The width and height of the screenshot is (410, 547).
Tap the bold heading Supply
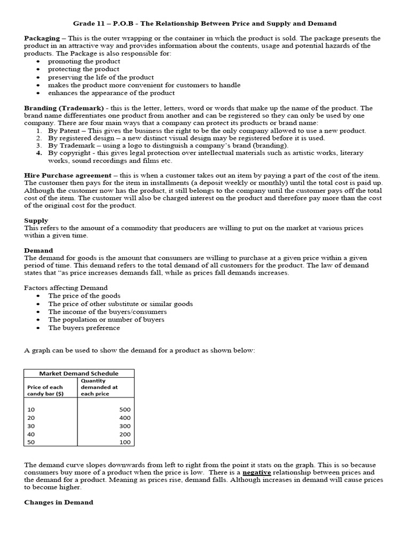click(36, 220)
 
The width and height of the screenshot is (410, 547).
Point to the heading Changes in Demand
click(58, 502)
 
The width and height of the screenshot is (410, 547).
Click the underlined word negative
click(256, 472)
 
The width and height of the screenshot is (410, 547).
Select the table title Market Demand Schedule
click(79, 373)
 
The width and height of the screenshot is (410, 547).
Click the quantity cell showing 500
click(124, 409)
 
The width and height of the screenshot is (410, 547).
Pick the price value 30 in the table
click(30, 426)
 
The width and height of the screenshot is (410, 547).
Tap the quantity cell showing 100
click(124, 443)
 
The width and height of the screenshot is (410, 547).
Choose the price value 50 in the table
click(30, 443)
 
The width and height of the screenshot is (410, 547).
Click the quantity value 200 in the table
click(124, 435)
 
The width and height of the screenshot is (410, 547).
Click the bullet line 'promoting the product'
click(84, 61)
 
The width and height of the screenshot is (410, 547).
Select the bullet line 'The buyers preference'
click(84, 328)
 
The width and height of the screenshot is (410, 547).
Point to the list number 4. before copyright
click(39, 153)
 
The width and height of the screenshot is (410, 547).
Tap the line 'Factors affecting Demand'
click(66, 288)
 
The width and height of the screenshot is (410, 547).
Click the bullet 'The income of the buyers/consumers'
click(107, 311)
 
